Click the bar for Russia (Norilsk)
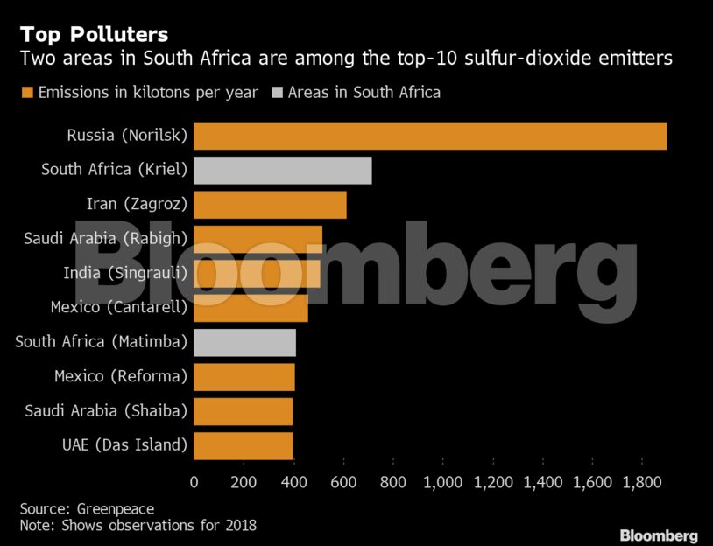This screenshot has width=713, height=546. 429,136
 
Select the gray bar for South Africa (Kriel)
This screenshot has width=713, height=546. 282,170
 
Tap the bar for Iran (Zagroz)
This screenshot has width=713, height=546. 270,205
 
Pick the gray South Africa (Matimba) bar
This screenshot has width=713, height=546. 244,342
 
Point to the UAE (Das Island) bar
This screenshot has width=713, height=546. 243,445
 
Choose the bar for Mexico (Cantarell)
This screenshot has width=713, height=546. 251,308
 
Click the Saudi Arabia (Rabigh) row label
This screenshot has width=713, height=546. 105,239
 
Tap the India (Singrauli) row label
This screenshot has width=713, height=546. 125,273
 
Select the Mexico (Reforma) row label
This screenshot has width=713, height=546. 121,376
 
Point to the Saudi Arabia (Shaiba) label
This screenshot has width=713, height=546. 106,410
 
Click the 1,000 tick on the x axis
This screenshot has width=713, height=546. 443,480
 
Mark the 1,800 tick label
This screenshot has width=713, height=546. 642,480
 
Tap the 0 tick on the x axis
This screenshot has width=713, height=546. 194,480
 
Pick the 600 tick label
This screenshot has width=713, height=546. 343,480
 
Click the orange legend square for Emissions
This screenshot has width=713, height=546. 26,92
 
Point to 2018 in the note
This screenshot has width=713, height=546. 238,525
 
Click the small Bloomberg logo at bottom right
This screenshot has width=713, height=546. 658,535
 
